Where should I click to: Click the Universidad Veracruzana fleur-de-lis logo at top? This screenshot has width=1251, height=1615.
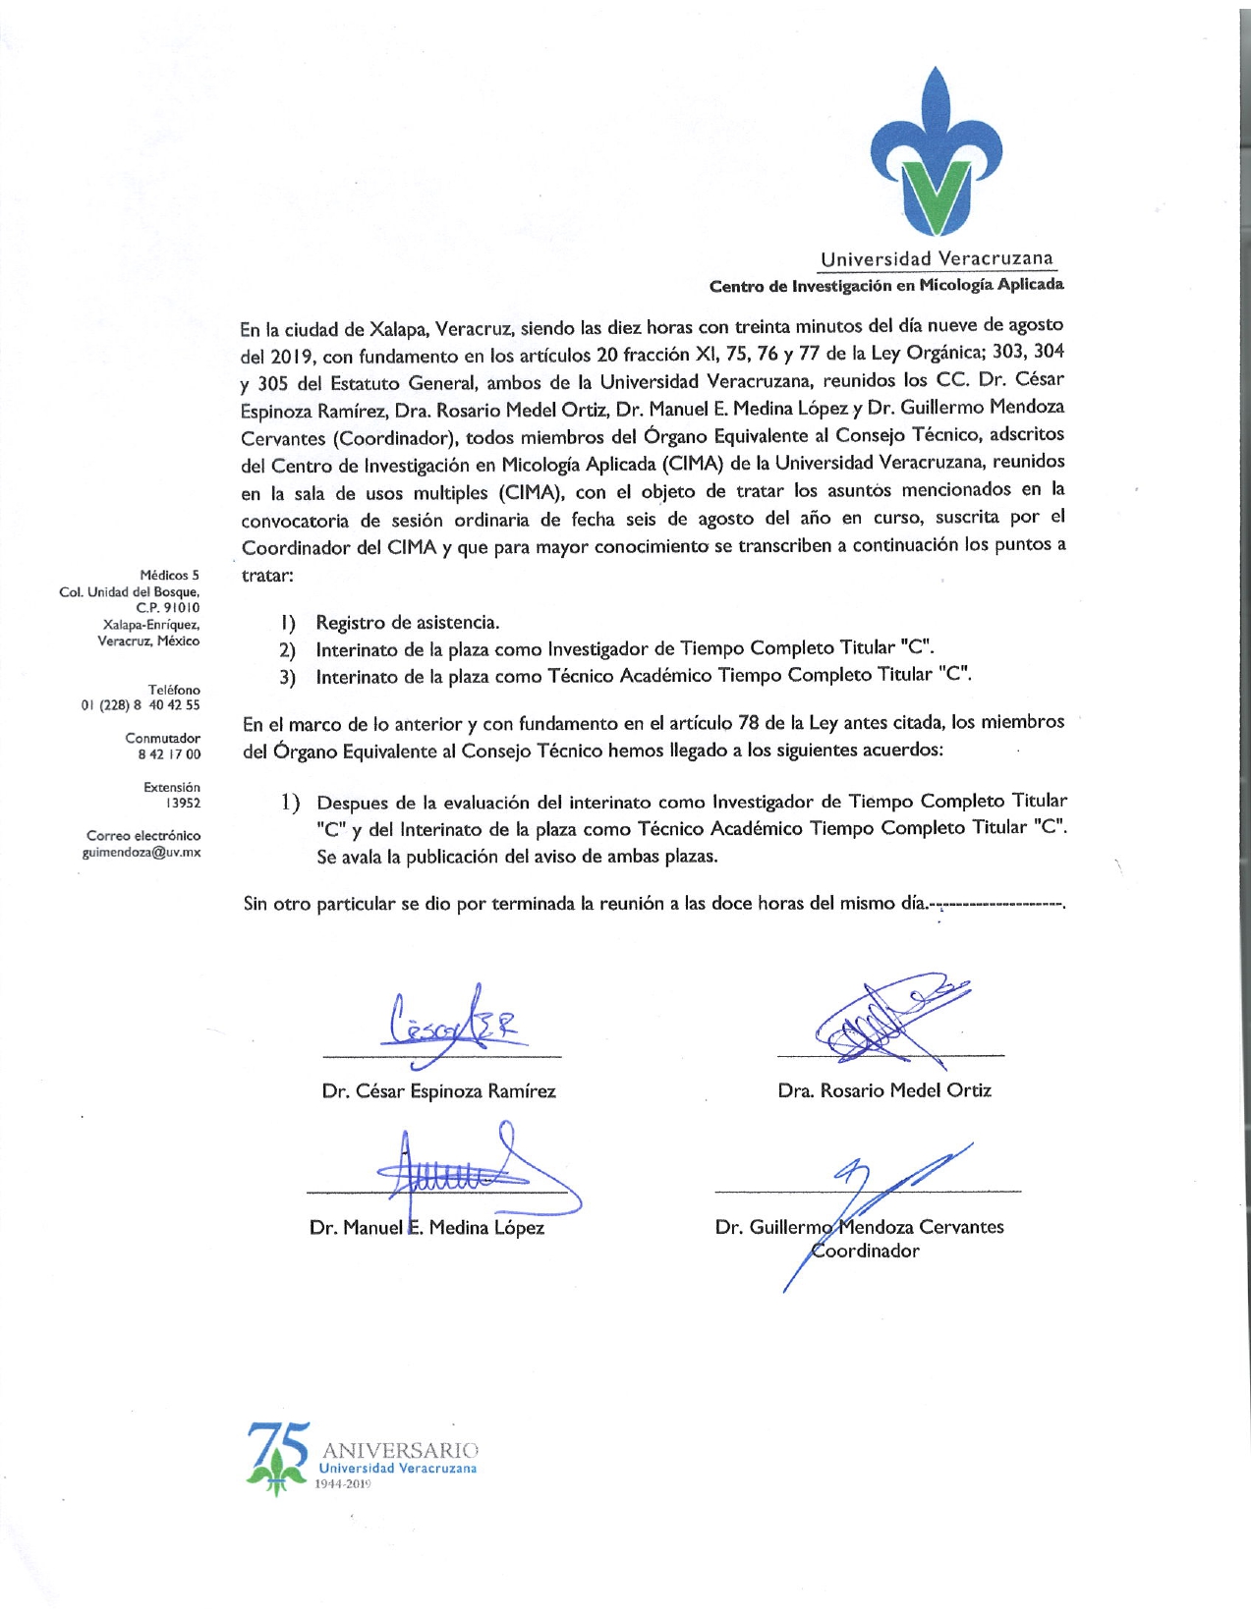[936, 152]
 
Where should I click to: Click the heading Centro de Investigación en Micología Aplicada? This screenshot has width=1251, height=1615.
[886, 285]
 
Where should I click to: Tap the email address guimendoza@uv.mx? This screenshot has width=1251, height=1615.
[142, 852]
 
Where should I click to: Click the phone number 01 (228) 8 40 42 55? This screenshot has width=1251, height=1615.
[141, 705]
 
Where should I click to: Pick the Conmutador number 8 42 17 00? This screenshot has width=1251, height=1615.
[169, 753]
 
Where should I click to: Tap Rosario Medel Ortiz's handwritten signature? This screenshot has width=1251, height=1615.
[884, 1022]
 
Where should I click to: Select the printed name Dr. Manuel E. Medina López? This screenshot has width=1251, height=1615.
[426, 1227]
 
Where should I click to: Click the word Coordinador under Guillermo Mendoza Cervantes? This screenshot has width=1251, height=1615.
[865, 1251]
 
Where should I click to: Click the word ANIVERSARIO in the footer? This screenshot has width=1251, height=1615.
[400, 1450]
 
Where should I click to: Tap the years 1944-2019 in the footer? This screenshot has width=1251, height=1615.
[343, 1483]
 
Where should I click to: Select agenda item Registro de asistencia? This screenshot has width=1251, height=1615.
[407, 622]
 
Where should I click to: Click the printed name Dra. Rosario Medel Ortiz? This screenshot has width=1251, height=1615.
[884, 1090]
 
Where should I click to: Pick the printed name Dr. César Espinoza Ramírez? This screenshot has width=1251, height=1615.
[438, 1091]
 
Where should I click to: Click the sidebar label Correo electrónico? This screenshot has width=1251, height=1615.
[143, 835]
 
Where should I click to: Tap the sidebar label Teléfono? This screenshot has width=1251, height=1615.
[174, 690]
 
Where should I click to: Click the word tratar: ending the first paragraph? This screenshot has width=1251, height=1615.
[267, 575]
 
